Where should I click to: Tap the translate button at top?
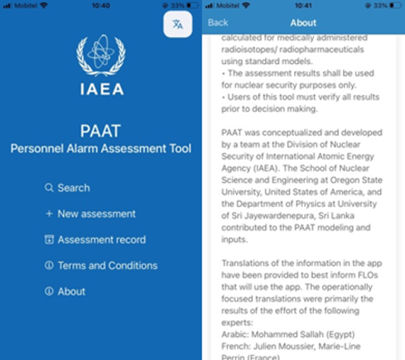point(178,24)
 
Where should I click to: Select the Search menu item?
point(73,188)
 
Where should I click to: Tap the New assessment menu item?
point(96,214)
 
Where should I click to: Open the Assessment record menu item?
point(101,240)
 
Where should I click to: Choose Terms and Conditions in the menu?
point(107,266)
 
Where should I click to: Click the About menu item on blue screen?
point(71,291)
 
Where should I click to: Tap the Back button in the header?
point(218,23)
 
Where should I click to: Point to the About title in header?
point(303,23)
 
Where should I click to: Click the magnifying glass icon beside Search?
point(49,188)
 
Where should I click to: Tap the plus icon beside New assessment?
point(49,214)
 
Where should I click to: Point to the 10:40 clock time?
point(101,5)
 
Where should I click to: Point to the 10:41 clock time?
point(303,5)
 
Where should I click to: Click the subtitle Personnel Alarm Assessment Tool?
point(101,149)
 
